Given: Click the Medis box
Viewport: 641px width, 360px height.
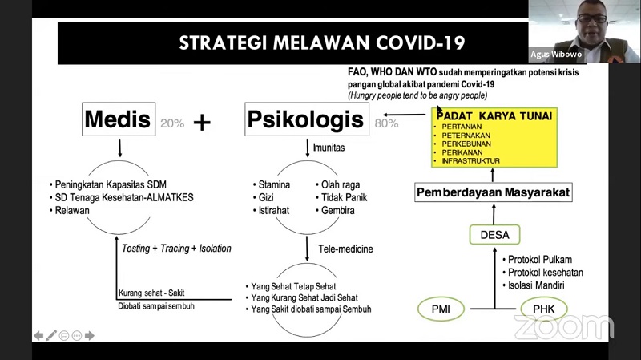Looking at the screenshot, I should (118, 120).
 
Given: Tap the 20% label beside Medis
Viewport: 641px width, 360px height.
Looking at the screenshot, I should (172, 123).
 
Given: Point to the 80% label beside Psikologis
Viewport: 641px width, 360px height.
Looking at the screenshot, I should (386, 123).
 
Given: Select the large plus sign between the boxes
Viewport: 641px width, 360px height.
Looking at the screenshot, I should (203, 122).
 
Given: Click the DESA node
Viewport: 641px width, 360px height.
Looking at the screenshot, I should (494, 235).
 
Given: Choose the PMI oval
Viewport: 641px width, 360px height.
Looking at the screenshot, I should (441, 308).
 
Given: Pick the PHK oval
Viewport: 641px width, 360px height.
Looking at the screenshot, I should (544, 308).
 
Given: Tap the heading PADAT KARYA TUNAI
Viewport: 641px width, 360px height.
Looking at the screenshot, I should (494, 115).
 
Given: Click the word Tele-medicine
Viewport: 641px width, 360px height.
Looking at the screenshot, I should (345, 249).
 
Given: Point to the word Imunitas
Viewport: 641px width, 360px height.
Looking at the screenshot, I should (329, 148).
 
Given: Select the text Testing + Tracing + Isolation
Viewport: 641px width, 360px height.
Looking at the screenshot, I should (176, 249).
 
